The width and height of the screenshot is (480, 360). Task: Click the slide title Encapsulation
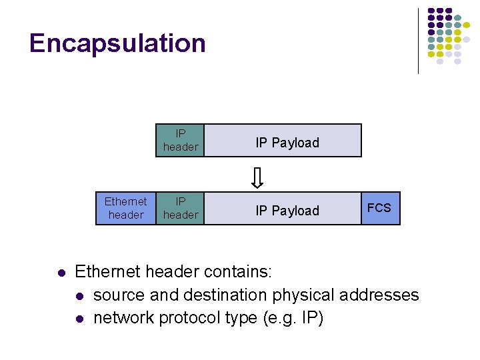(x=117, y=43)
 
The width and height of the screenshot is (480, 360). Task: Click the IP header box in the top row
(x=180, y=141)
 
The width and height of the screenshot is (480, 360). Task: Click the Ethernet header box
(x=126, y=208)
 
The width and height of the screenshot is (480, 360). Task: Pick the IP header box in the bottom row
(x=180, y=208)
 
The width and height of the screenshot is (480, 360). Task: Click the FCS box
(x=380, y=208)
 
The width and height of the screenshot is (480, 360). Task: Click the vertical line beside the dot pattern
(x=419, y=40)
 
